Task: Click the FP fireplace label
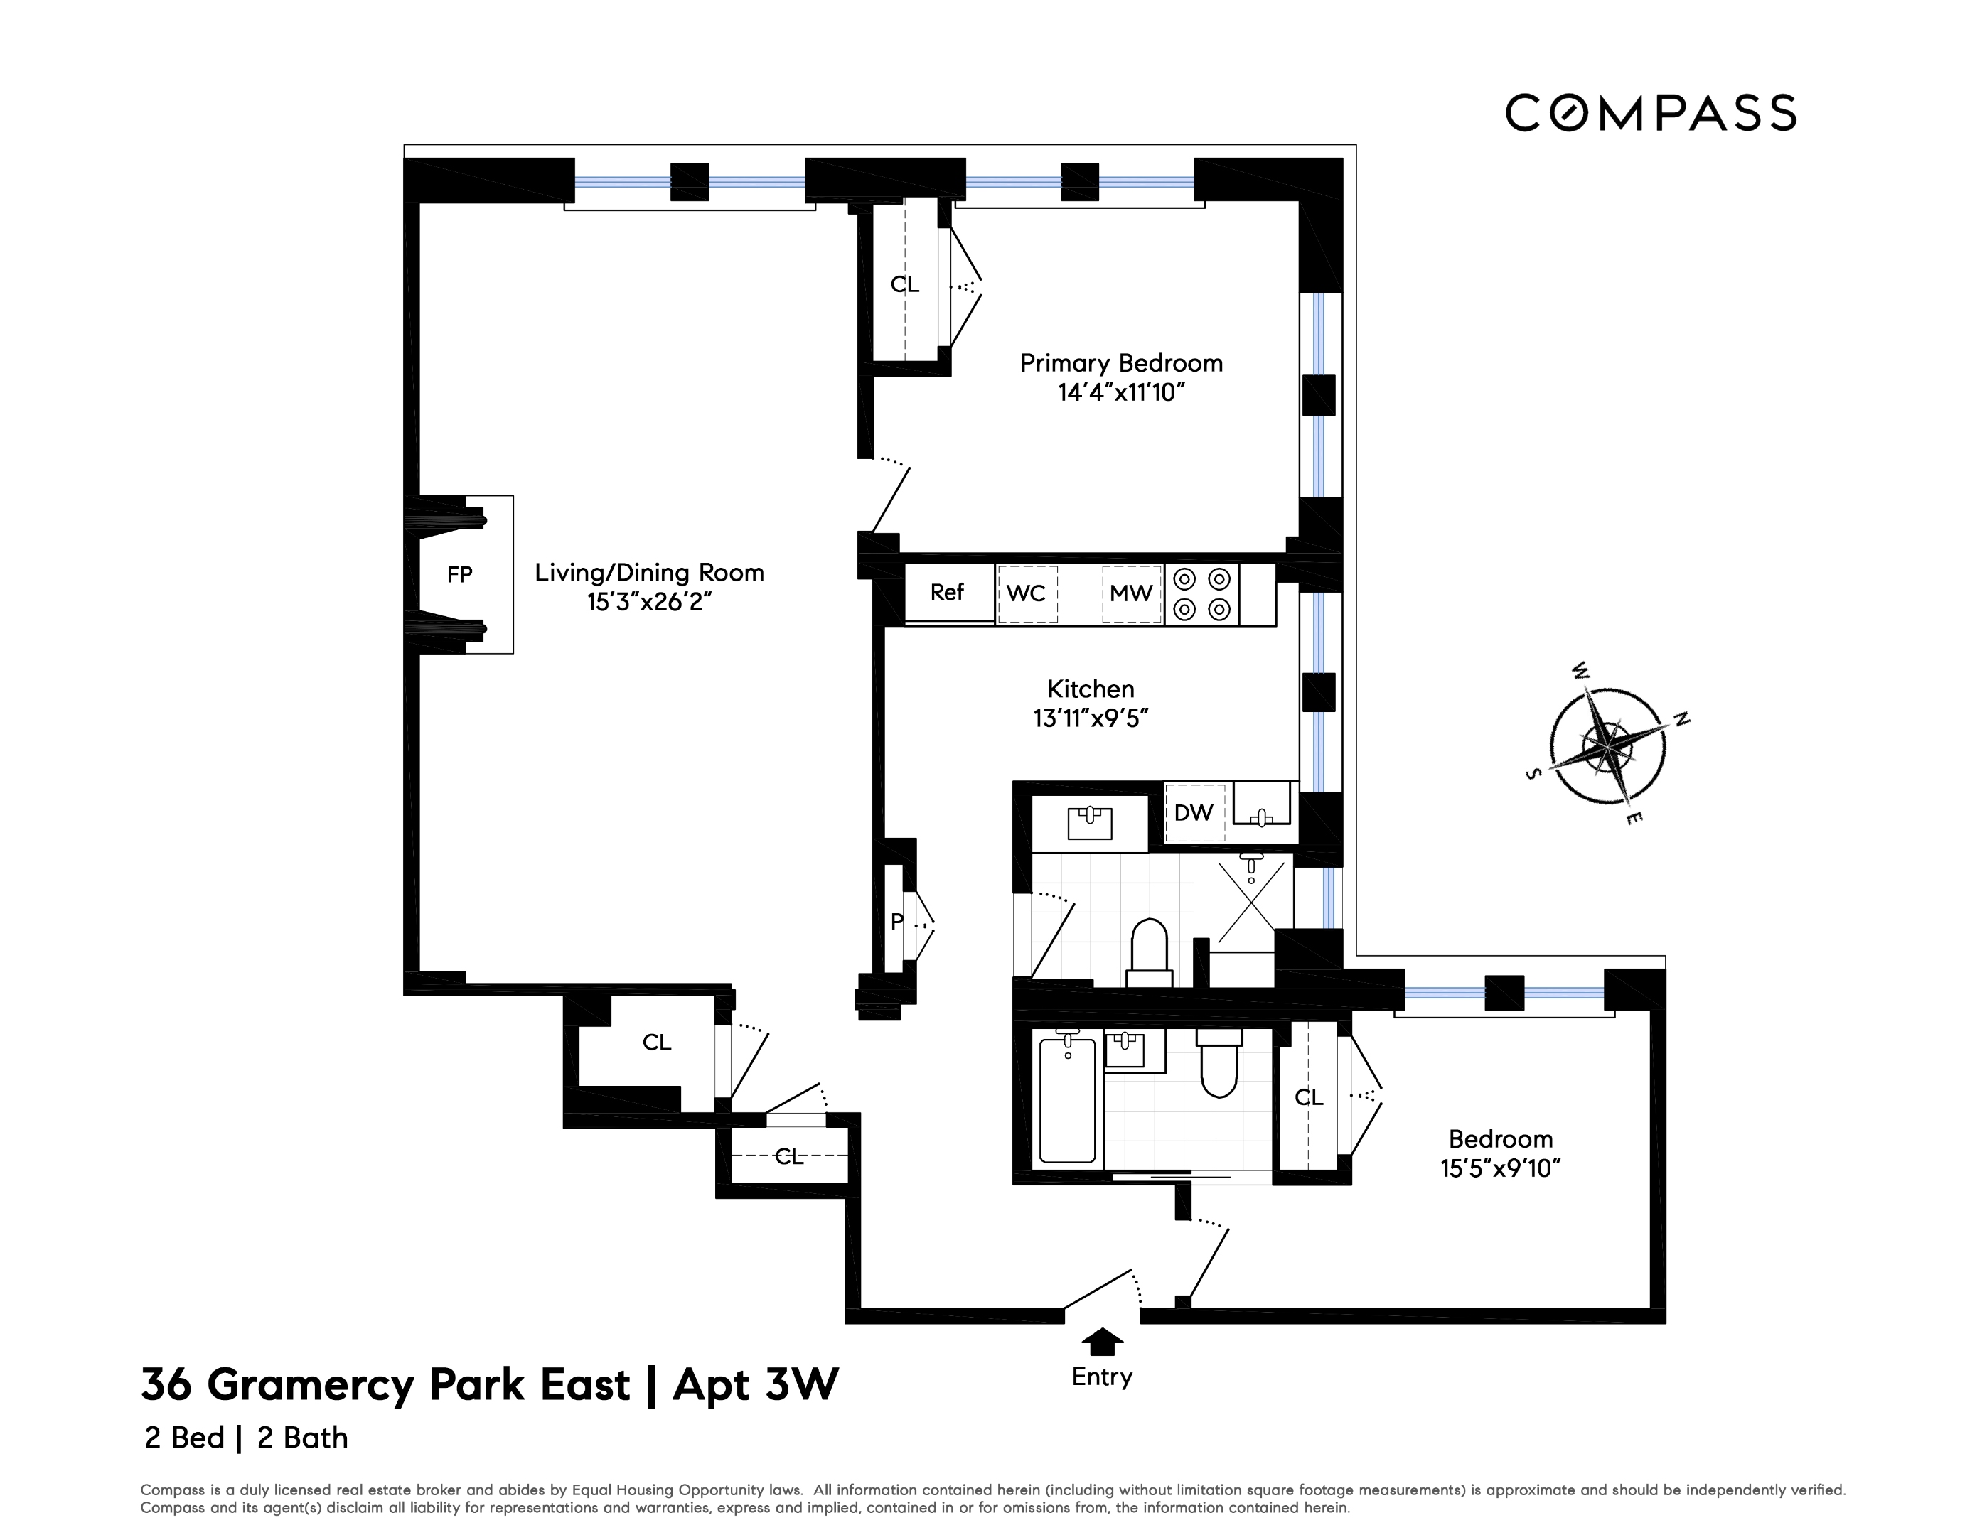(x=459, y=575)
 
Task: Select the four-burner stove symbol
(x=1201, y=594)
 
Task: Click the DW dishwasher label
(x=1193, y=812)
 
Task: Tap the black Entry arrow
(x=1102, y=1341)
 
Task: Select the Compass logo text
(x=1650, y=114)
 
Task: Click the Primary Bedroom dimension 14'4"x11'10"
(x=1121, y=393)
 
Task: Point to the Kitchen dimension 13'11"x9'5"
(x=1090, y=718)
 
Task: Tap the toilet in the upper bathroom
(x=1148, y=950)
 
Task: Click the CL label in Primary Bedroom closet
(x=904, y=285)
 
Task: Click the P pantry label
(x=897, y=922)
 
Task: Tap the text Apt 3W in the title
(x=755, y=1385)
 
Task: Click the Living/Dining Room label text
(x=648, y=573)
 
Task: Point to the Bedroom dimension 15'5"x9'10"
(x=1499, y=1168)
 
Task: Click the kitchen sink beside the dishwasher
(x=1262, y=804)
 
